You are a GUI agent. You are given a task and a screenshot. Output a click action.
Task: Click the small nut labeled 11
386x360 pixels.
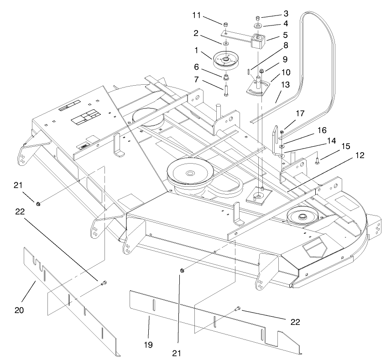(225, 24)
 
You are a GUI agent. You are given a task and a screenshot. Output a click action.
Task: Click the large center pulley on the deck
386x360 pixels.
(188, 174)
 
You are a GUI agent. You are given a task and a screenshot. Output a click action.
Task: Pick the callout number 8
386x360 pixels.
(286, 46)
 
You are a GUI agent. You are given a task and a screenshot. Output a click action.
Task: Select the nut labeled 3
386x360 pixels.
(258, 17)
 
